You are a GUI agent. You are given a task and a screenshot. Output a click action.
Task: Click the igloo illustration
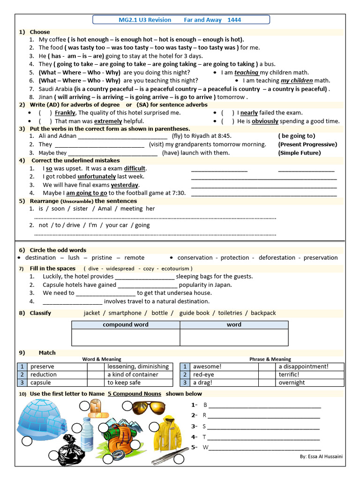pos(42,420)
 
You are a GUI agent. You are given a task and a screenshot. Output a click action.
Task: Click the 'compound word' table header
pos(126,324)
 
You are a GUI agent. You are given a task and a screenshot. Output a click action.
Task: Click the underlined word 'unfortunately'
pos(97,177)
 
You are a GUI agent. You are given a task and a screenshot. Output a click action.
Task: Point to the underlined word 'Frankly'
pos(65,112)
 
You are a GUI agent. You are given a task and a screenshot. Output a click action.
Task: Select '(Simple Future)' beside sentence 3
pos(300,153)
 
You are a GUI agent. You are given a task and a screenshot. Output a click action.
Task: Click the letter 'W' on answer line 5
pos(205,447)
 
